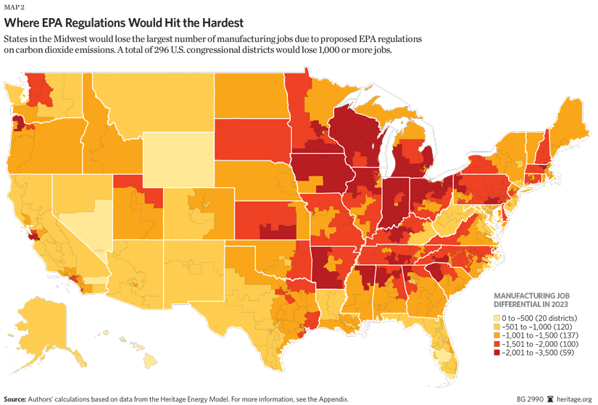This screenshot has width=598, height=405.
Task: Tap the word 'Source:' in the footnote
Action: [17, 399]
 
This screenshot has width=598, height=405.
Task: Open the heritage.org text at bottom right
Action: [573, 399]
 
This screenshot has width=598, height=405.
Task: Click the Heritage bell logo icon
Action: [551, 399]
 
